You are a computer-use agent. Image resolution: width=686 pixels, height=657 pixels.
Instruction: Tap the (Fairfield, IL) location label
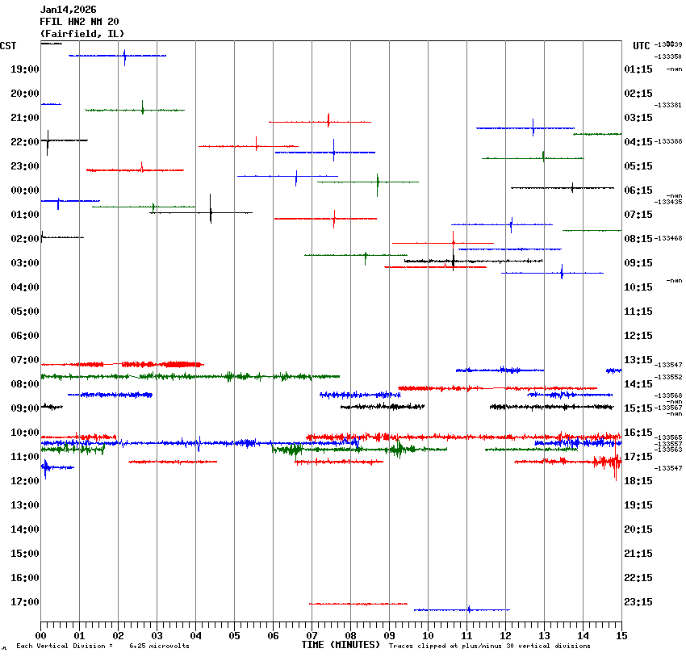[82, 34]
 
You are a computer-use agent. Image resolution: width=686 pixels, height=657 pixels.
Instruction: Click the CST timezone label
[8, 46]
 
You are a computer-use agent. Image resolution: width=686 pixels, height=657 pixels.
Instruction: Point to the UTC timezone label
[641, 46]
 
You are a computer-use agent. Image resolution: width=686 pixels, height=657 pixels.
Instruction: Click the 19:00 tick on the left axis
[25, 69]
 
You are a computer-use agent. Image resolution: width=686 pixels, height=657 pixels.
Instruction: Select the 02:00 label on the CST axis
[25, 239]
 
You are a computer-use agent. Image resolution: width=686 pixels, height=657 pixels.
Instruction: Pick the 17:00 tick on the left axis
[25, 602]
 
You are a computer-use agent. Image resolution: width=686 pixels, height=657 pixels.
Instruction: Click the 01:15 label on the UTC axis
[638, 69]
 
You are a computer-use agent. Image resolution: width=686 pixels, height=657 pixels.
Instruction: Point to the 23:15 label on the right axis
[638, 602]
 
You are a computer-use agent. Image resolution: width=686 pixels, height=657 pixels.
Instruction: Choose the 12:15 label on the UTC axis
[638, 336]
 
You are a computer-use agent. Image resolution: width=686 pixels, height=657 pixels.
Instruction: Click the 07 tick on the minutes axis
[312, 635]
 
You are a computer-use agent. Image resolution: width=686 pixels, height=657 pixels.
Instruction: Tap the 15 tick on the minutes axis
[621, 635]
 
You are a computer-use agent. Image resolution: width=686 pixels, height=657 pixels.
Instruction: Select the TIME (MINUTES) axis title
[341, 645]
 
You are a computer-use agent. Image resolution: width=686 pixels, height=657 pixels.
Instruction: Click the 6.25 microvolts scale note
[159, 647]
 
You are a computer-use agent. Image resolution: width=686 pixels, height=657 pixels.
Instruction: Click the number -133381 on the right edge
[669, 105]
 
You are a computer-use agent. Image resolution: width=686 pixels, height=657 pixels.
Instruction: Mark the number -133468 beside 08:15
[669, 238]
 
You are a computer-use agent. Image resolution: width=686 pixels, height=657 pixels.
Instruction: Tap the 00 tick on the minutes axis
[40, 635]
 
